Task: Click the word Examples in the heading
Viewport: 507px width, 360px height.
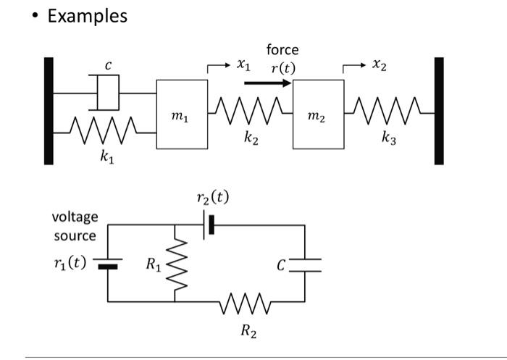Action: (87, 15)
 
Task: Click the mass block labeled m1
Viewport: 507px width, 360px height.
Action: (182, 114)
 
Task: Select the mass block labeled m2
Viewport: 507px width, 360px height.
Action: (318, 114)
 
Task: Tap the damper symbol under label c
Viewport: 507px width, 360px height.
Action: (107, 93)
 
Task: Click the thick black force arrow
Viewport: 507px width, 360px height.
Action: (267, 83)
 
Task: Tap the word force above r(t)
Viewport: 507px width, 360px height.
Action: (282, 50)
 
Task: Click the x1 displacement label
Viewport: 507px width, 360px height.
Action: (243, 66)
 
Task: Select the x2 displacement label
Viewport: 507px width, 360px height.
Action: (380, 66)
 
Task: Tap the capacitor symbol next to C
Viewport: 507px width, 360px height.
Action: (304, 264)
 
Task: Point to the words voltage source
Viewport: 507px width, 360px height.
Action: (75, 226)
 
